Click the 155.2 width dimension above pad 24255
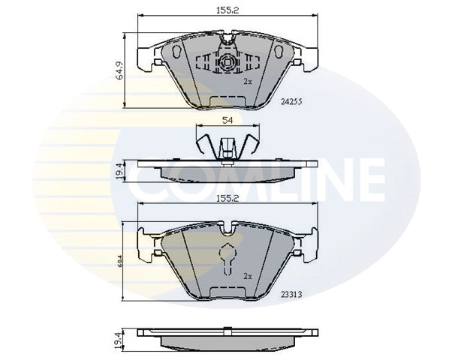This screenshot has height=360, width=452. click(226, 10)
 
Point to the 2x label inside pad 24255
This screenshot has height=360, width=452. click(247, 80)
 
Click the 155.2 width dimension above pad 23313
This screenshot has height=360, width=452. click(226, 200)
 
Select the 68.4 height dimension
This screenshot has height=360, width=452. click(119, 261)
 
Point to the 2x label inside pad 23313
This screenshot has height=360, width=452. click(247, 276)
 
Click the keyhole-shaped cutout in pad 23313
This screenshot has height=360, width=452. click(226, 259)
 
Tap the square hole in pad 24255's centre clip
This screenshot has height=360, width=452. click(226, 62)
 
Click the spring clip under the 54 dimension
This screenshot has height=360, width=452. click(226, 144)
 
